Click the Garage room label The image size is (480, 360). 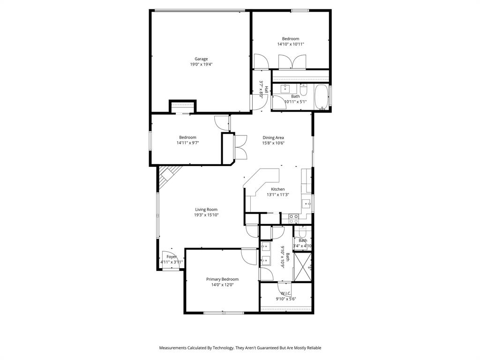[x=201, y=59]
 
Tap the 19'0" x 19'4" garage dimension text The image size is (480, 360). [x=201, y=65]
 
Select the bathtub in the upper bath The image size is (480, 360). [x=322, y=97]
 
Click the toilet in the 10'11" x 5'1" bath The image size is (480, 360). [x=303, y=89]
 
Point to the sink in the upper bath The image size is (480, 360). [x=285, y=88]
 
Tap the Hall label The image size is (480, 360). [x=266, y=89]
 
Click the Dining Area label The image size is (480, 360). [x=273, y=137]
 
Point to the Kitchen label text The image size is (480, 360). [x=277, y=189]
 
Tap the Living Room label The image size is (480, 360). [x=206, y=210]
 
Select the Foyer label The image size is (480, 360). [x=172, y=257]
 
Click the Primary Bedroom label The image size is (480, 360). [x=222, y=279]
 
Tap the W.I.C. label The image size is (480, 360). [x=285, y=293]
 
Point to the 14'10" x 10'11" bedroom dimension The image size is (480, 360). [x=290, y=45]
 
